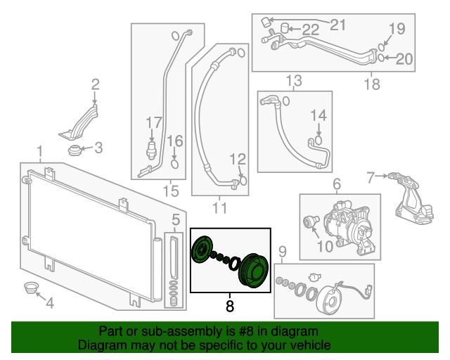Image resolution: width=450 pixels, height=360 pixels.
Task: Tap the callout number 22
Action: point(310,30)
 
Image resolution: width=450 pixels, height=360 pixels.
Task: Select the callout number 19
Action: point(397,29)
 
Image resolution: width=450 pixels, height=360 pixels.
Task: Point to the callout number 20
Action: point(404,59)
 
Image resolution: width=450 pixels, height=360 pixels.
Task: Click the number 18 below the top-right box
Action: point(371,85)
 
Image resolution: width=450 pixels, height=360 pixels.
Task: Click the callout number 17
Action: point(153,124)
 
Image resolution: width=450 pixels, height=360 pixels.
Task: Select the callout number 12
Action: point(238,159)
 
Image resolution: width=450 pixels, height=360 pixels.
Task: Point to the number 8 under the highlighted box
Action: point(229,307)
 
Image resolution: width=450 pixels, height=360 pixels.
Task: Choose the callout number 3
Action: point(98,148)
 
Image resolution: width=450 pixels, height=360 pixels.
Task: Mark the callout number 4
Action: point(49,303)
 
